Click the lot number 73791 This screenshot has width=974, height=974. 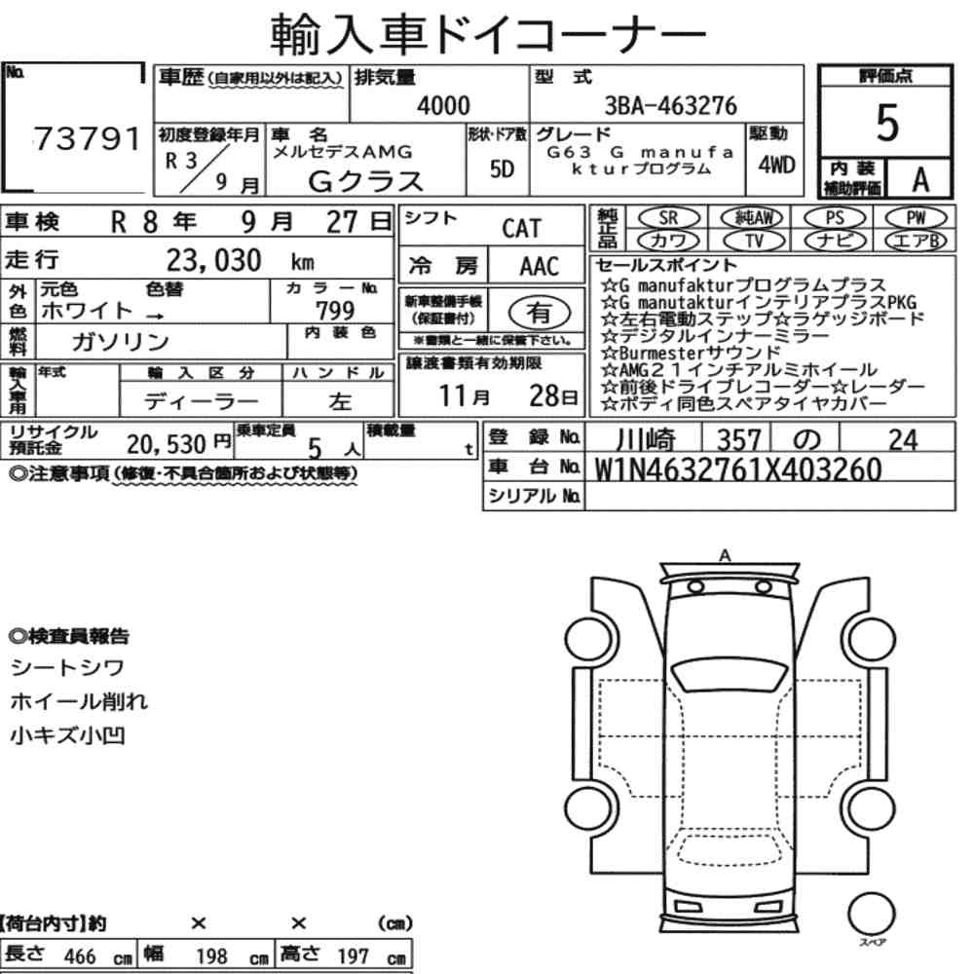87,138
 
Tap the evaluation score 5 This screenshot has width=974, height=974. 886,123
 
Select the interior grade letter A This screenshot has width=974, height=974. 920,179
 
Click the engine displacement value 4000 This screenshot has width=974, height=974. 443,105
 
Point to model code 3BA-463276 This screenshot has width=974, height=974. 671,105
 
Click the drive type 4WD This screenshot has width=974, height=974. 776,166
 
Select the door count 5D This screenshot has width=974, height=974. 502,169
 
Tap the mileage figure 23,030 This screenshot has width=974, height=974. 213,260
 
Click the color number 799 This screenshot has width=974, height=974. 335,310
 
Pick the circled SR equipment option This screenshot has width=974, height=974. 668,218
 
